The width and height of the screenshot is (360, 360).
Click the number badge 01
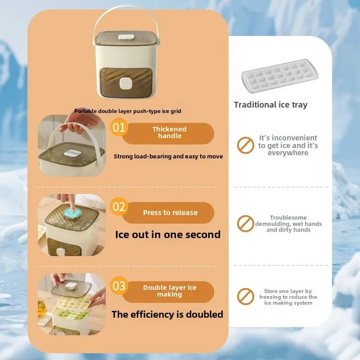119,127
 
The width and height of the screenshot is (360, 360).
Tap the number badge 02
119,207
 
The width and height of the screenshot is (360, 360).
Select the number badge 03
119,286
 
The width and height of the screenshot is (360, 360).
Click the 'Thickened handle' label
169,133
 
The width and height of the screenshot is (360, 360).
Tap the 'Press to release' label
170,213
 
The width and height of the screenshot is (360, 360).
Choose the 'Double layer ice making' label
170,291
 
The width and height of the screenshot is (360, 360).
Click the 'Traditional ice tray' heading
270,105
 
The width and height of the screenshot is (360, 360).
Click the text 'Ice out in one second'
168,234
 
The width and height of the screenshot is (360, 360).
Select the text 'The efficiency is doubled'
167,314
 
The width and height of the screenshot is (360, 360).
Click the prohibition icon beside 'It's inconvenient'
245,145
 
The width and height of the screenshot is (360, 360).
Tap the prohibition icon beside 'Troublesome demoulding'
245,223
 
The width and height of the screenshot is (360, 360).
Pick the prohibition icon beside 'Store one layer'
245,297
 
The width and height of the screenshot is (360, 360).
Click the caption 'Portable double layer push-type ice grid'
128,111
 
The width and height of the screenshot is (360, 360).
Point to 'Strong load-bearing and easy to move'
168,156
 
